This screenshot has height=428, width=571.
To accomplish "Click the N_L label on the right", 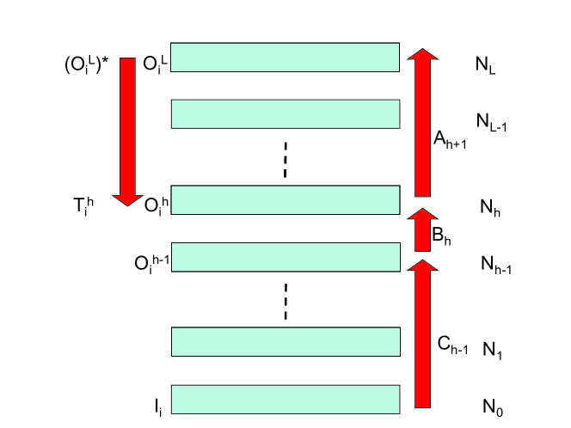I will pyautogui.click(x=486, y=65).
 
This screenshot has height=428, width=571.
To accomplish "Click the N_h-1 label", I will pyautogui.click(x=496, y=266).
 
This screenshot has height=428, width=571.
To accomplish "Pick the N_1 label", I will pyautogui.click(x=492, y=350).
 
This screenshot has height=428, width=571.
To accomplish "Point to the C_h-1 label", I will pyautogui.click(x=452, y=344).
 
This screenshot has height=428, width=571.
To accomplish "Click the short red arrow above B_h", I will pyautogui.click(x=422, y=229).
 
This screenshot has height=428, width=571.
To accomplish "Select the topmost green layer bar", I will pyautogui.click(x=285, y=57).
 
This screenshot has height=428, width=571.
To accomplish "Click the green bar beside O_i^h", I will pyautogui.click(x=285, y=199).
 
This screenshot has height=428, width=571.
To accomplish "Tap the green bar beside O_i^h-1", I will pyautogui.click(x=285, y=256).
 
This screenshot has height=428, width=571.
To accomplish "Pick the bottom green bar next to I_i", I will pyautogui.click(x=285, y=399).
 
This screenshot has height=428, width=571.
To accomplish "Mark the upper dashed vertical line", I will pyautogui.click(x=285, y=161).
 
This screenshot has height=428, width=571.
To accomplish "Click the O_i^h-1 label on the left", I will pyautogui.click(x=151, y=261).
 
